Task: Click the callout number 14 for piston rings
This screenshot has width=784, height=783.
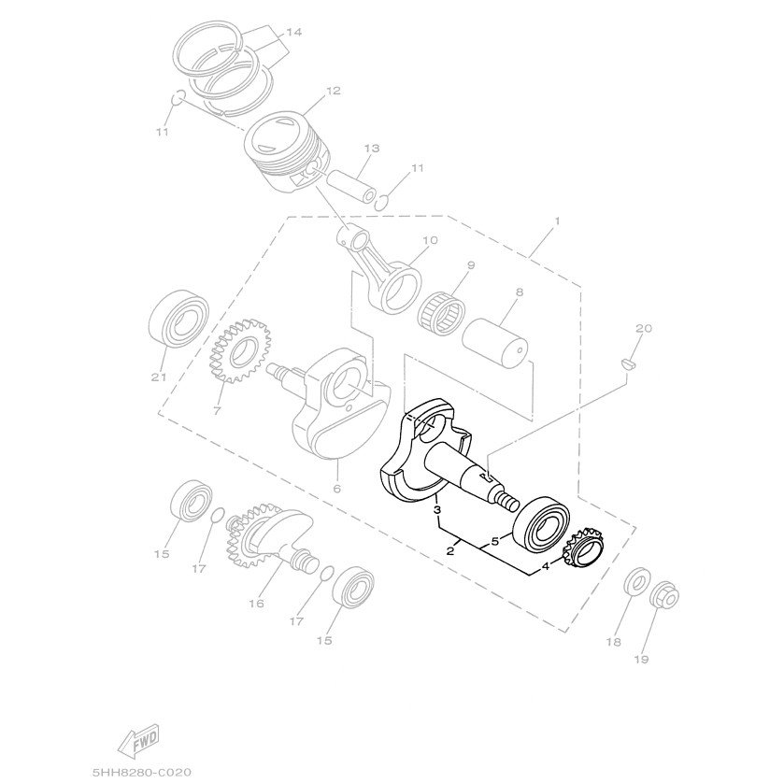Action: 293,32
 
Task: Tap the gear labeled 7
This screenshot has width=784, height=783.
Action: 233,354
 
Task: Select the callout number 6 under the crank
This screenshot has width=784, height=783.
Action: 336,489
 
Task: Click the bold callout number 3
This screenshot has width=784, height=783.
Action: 436,511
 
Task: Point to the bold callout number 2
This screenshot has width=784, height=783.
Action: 450,551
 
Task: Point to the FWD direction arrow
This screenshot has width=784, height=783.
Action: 136,738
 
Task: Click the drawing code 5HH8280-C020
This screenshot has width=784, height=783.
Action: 142,771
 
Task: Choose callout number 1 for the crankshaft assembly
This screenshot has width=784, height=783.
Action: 557,221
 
